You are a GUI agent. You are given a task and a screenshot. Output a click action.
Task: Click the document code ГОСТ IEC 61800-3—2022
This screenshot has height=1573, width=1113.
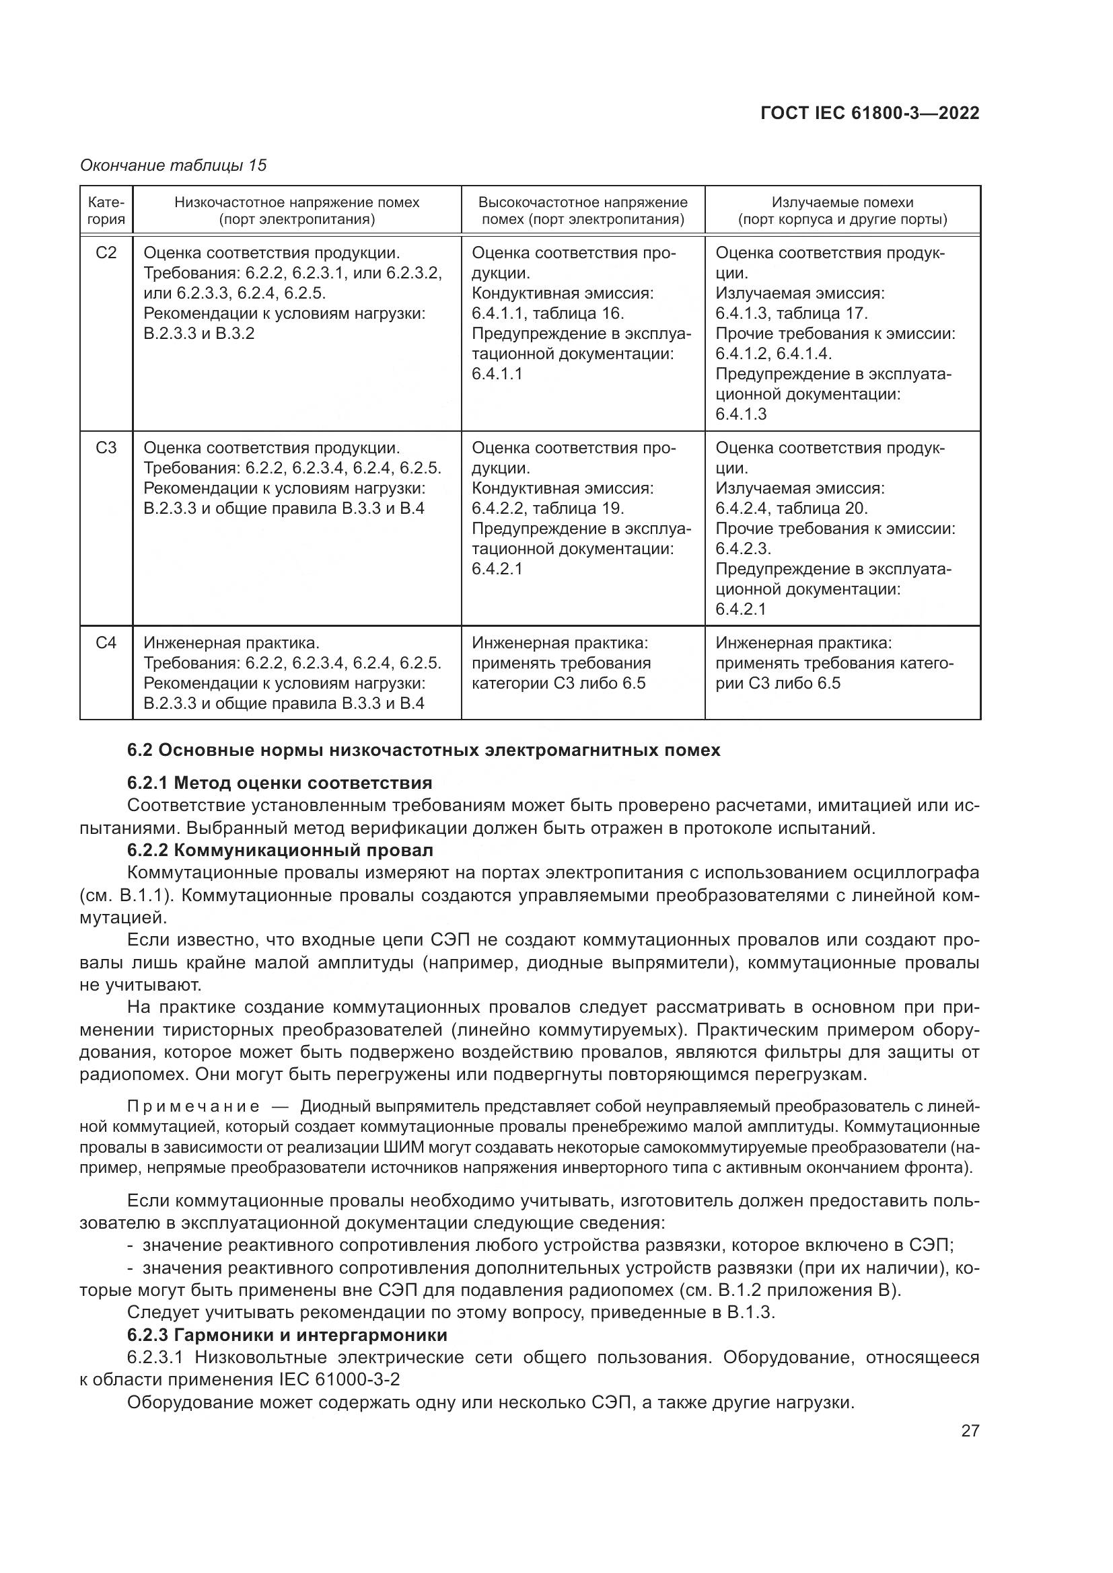click(869, 114)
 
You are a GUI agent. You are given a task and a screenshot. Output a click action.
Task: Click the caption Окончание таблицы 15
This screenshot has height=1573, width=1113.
click(174, 165)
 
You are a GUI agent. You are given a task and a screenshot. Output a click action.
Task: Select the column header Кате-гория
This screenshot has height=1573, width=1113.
click(106, 211)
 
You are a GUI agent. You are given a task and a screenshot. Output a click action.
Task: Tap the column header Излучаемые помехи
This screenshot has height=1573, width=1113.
click(842, 202)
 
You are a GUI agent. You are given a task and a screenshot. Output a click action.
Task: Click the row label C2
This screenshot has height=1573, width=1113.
click(106, 254)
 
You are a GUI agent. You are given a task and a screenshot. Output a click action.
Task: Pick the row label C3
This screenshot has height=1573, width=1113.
click(106, 448)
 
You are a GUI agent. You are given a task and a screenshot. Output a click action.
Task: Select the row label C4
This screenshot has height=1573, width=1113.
click(106, 643)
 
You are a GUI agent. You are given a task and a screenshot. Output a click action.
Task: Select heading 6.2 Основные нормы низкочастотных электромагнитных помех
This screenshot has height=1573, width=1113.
click(423, 751)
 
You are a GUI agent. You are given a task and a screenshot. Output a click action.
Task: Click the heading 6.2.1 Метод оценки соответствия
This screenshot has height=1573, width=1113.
click(280, 783)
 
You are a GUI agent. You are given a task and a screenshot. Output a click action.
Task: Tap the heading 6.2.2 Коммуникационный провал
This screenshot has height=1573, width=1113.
click(280, 850)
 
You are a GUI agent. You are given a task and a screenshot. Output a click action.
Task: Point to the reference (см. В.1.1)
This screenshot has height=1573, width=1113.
click(122, 895)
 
